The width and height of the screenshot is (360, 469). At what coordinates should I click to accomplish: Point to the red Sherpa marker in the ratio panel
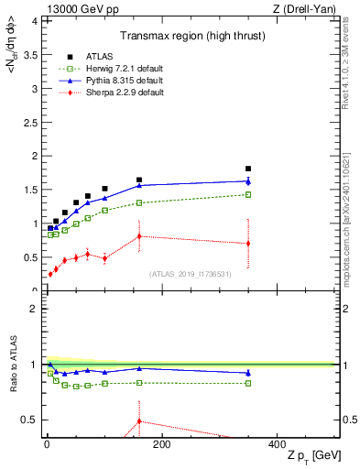139,421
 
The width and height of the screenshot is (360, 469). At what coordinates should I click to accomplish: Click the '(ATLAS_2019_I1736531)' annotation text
191,273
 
